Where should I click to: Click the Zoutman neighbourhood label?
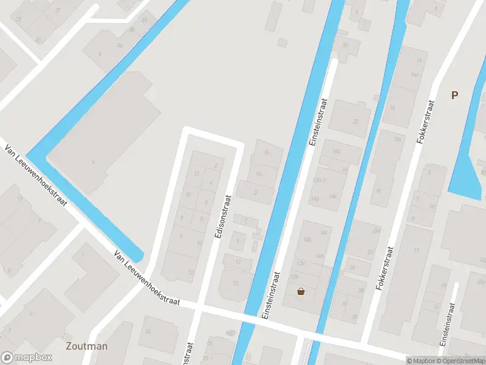(x=86, y=346)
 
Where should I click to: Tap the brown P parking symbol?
(x=454, y=94)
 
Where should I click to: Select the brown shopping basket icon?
(x=301, y=291)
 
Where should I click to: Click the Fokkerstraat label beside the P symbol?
(x=427, y=122)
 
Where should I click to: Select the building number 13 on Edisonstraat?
(x=235, y=283)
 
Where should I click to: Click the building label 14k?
(x=332, y=196)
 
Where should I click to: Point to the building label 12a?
(x=300, y=263)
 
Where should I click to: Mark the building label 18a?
(x=398, y=139)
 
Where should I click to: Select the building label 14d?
(x=319, y=256)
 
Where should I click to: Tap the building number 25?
(x=39, y=40)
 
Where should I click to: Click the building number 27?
(x=58, y=11)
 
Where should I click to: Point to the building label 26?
(x=351, y=266)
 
